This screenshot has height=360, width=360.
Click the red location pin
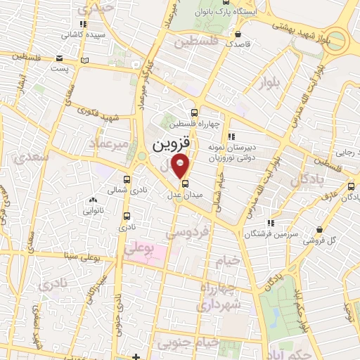(x=181, y=166)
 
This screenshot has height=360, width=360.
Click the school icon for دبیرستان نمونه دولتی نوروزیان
(x=231, y=138)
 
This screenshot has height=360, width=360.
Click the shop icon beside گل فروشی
(x=320, y=229)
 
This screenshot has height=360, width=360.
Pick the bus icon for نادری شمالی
(x=127, y=180)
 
